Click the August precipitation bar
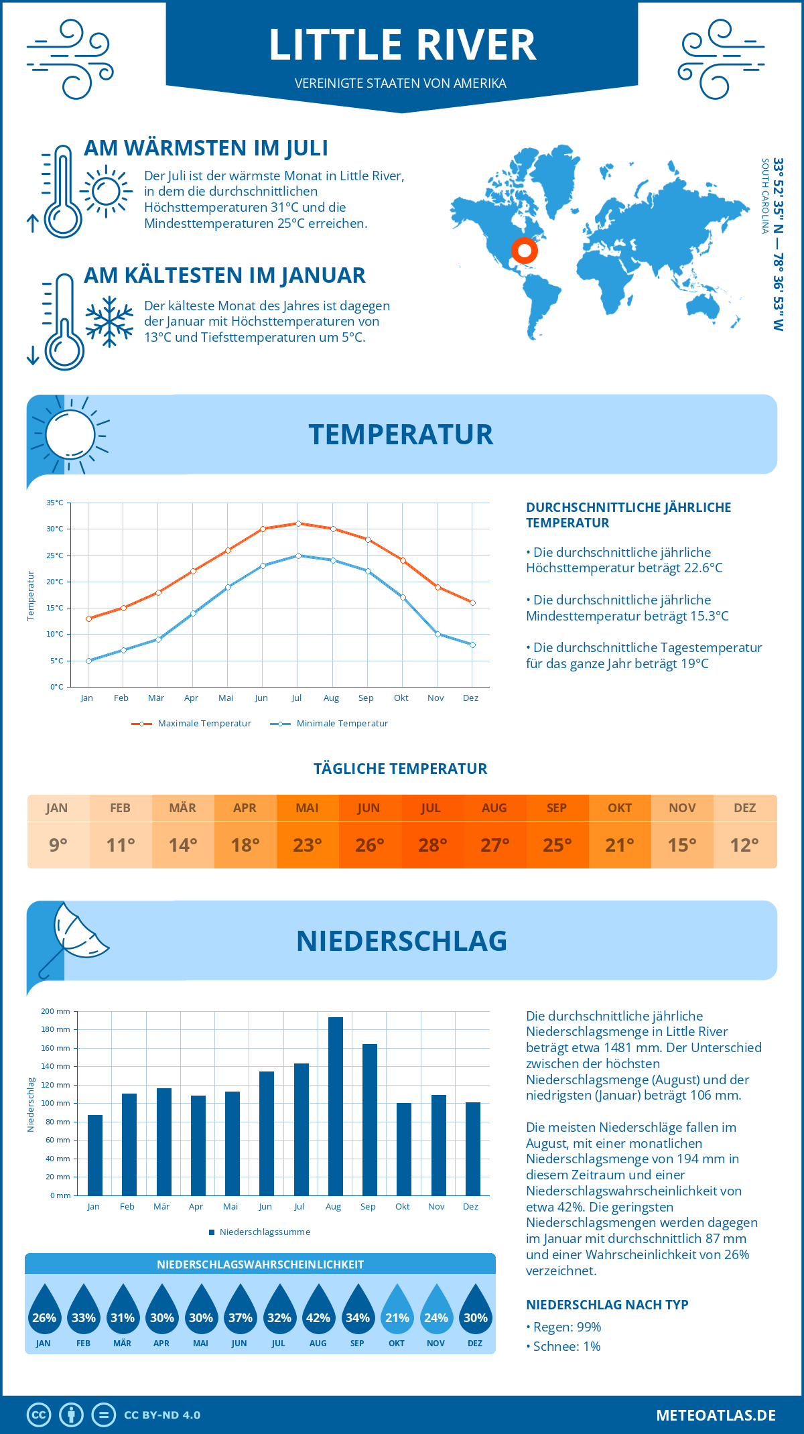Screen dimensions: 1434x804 (336, 1106)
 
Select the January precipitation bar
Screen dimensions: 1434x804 (95, 1155)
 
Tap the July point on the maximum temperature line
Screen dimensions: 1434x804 (298, 523)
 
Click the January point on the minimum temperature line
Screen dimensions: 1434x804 (88, 661)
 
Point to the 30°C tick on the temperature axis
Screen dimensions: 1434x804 (55, 529)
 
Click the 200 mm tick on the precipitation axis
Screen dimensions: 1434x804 (56, 1011)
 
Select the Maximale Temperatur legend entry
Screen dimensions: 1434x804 (192, 724)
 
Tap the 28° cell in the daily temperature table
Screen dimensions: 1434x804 (432, 845)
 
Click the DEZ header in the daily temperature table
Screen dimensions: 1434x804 (744, 807)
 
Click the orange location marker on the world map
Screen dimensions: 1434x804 (525, 251)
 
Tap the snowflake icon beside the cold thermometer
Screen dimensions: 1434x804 (109, 322)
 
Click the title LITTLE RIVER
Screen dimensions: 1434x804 (402, 45)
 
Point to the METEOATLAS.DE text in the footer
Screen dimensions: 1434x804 (716, 1415)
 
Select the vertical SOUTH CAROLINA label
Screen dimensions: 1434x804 (764, 196)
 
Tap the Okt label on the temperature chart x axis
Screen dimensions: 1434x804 (401, 698)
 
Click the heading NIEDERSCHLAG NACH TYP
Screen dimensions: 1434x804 (607, 1305)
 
